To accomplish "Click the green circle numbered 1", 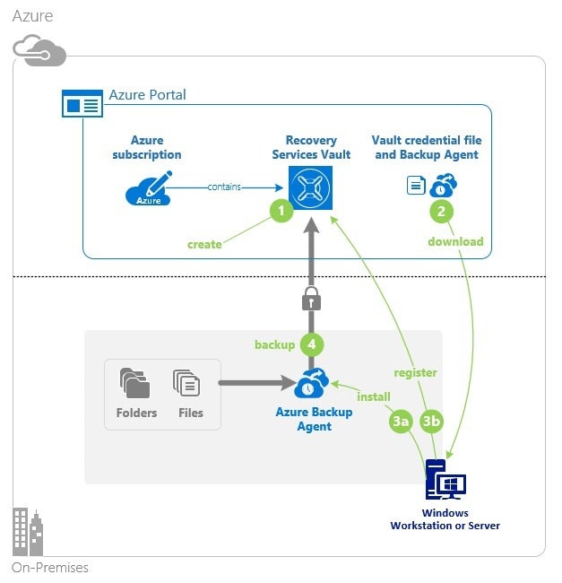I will pyautogui.click(x=282, y=212).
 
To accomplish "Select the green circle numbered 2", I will pyautogui.click(x=441, y=212).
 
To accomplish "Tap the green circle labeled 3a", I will pyautogui.click(x=401, y=419).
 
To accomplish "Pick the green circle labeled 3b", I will pyautogui.click(x=431, y=419).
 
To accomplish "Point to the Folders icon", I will pyautogui.click(x=135, y=384).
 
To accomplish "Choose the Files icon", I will pyautogui.click(x=187, y=384).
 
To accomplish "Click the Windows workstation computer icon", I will pyautogui.click(x=445, y=482).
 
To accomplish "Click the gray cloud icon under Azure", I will pyautogui.click(x=39, y=50).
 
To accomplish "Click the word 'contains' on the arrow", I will pyautogui.click(x=224, y=187).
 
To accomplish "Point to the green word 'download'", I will pyautogui.click(x=455, y=241).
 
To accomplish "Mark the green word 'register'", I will pyautogui.click(x=416, y=372).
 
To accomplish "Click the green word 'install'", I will pyautogui.click(x=374, y=395).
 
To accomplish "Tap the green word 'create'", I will pyautogui.click(x=204, y=244).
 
